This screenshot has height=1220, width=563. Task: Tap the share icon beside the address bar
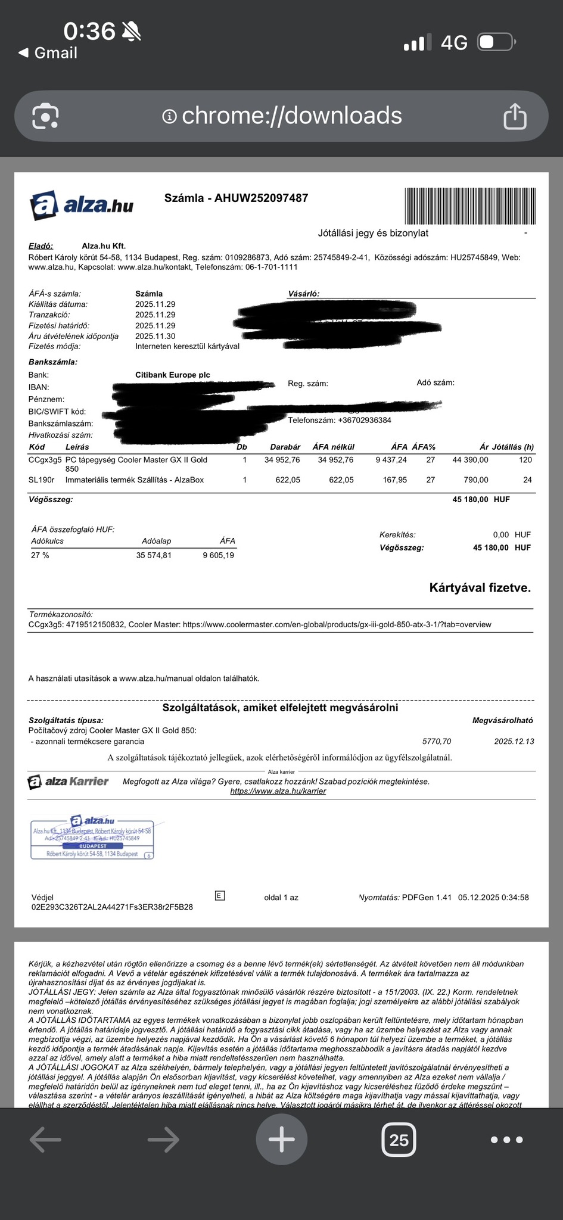515,116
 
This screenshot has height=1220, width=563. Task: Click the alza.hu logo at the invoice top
82,204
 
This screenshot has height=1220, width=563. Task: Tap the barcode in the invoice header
469,206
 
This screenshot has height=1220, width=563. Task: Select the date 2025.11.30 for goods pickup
155,336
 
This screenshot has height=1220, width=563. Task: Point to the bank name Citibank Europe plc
173,375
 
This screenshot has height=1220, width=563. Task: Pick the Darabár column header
285,447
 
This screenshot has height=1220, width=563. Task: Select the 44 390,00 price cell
470,460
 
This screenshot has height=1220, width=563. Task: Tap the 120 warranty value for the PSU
525,460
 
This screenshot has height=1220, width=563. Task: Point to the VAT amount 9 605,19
218,555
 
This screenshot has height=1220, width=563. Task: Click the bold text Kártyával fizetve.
480,588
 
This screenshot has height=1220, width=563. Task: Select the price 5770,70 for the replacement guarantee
436,741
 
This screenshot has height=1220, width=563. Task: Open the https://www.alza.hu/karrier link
278,791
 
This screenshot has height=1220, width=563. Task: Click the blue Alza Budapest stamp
92,838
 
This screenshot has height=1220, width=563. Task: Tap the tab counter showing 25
399,1140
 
